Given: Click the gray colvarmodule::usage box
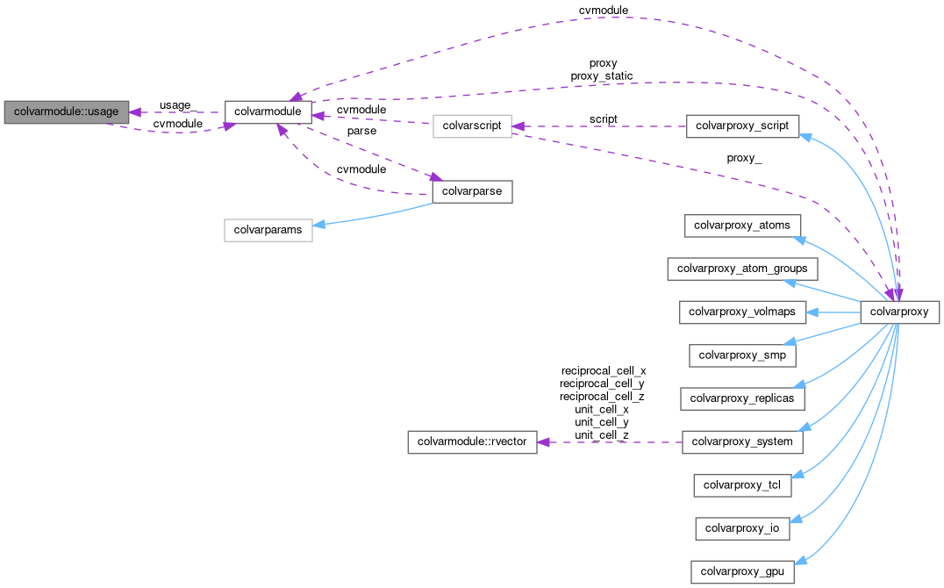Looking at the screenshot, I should point(67,112).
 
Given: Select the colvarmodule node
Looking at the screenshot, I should point(268,112).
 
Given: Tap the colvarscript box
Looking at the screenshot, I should point(471,126).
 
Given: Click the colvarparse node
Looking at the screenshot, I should point(472,191).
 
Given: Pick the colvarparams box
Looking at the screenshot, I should point(268,230).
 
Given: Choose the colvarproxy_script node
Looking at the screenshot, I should point(742,126).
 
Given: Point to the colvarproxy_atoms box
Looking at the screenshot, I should point(742,225).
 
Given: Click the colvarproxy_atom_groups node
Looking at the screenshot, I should point(742,268).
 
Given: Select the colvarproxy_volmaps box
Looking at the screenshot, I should point(742,312).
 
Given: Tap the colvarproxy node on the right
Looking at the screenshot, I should point(900,312).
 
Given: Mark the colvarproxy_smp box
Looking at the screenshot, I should point(742,355).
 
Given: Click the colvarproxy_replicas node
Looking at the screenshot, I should point(742,398).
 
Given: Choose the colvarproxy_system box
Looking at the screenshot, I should point(742,441).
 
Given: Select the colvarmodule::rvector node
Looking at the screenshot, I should point(472,441).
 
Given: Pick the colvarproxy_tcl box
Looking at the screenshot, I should point(742,484).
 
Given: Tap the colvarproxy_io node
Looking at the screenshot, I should point(742,528).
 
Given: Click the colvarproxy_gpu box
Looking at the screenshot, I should point(742,572).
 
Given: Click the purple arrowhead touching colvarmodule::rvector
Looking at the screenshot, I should point(543,441).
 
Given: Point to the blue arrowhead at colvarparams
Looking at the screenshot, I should point(320,226).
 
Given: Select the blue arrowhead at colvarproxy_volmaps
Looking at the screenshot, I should point(812,312).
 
